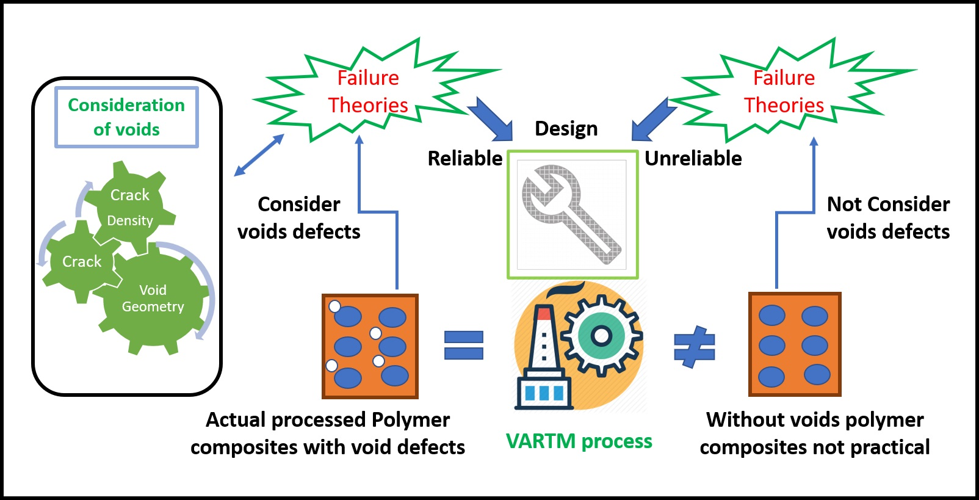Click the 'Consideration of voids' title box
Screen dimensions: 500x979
[x=126, y=117]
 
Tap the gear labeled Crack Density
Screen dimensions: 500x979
[x=130, y=207]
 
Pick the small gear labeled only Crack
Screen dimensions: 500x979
[x=82, y=262]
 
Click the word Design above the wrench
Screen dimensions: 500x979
[x=566, y=129]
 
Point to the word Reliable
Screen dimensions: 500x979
[x=464, y=159]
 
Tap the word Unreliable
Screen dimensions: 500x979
[x=693, y=159]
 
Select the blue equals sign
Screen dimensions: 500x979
[x=464, y=346]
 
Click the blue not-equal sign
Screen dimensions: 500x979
[x=695, y=347]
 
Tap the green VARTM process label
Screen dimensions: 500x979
[x=579, y=441]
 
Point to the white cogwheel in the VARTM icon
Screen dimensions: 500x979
[x=601, y=335]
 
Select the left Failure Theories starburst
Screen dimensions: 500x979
[x=368, y=92]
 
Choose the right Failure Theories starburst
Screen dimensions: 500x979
[x=784, y=92]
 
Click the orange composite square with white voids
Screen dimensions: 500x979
[x=370, y=346]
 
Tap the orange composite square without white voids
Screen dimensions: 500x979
[x=795, y=344]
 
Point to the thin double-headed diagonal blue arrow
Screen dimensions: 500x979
[x=259, y=155]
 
